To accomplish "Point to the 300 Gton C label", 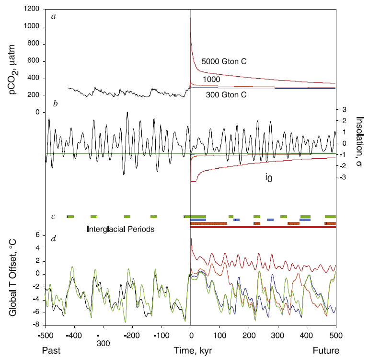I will point(226,95).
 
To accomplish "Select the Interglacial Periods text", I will point(121,229).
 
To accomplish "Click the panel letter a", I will point(54,16).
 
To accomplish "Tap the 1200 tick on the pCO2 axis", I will point(33,10).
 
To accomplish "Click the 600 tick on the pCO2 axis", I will point(35,61).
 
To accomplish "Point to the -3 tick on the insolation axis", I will point(344,177).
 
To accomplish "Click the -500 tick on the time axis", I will point(46,334).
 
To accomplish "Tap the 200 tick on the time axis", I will point(249,334).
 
